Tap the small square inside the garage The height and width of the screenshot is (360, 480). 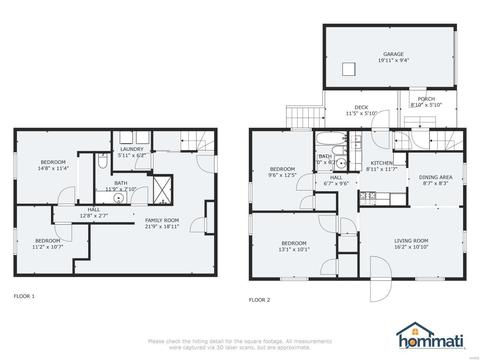point(349,68)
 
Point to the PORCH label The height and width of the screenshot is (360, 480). point(427,98)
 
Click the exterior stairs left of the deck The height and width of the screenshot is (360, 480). point(298,117)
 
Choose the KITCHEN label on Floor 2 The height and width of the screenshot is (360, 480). point(382,162)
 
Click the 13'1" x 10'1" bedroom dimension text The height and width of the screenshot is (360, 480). point(293,249)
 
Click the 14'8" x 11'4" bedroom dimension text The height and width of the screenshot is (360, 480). point(53,169)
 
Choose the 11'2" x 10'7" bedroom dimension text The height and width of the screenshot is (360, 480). point(47,246)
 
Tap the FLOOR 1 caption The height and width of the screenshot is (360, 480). point(24,297)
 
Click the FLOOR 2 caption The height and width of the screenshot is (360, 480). point(260,299)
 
